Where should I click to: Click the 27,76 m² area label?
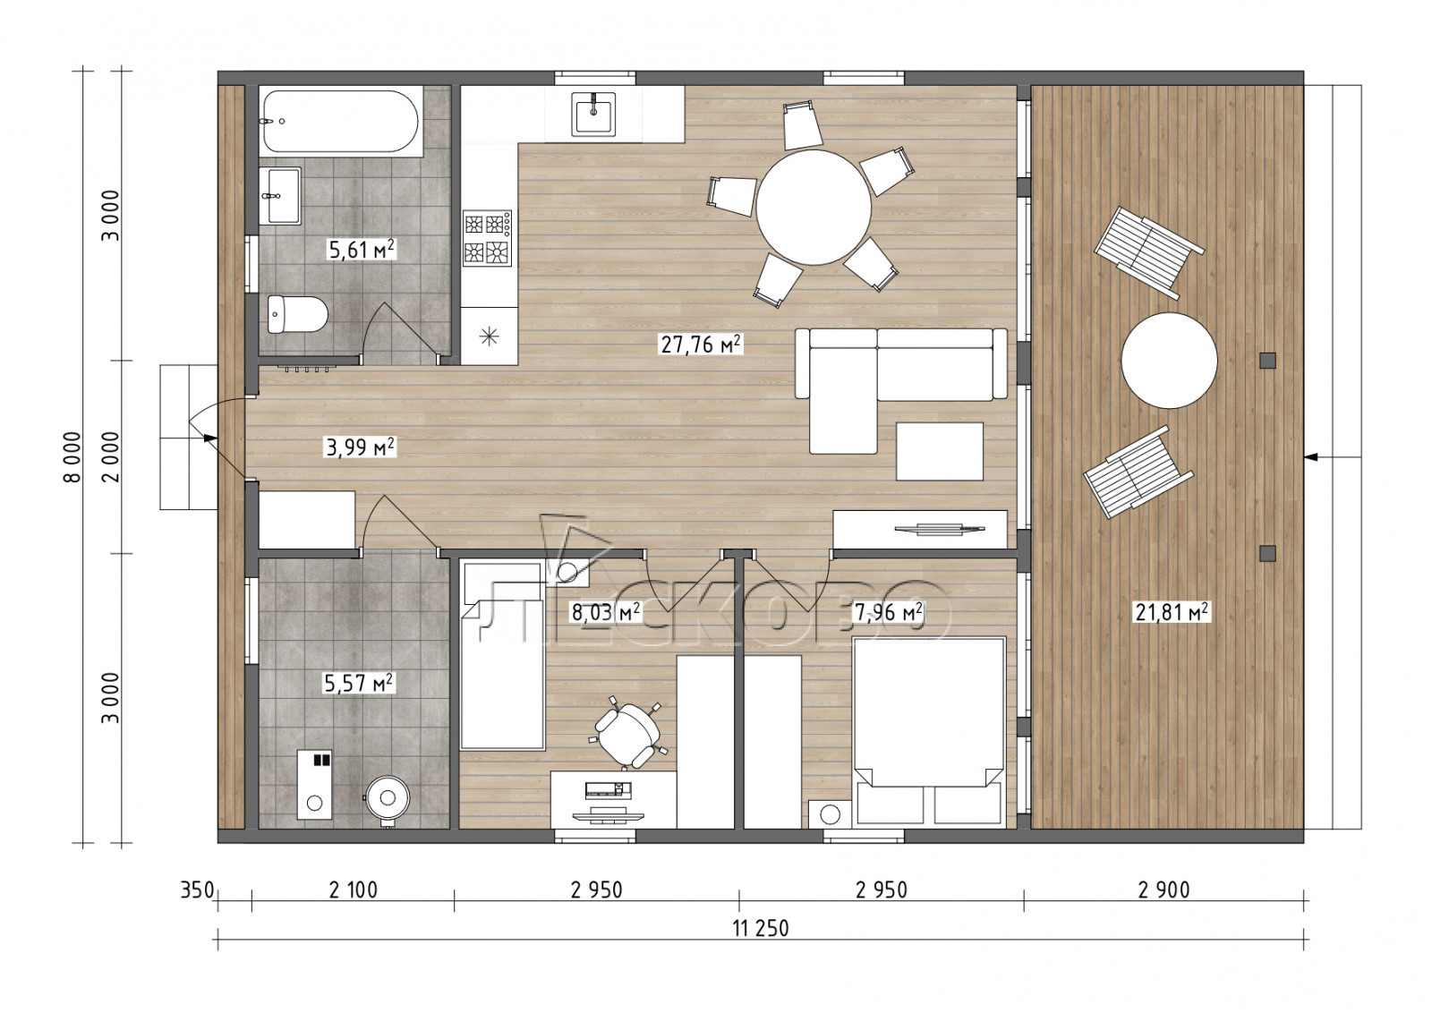[x=701, y=345]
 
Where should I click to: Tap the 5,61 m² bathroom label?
[x=361, y=250]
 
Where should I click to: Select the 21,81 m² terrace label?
[x=1172, y=613]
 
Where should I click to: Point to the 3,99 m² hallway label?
[x=361, y=447]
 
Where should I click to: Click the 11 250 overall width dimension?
[x=761, y=927]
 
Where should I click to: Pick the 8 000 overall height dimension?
[x=72, y=457]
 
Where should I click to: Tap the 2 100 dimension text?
[x=353, y=890]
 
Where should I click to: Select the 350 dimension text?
[x=196, y=890]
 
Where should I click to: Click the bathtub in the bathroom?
[x=341, y=121]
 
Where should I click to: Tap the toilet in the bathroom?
[x=297, y=314]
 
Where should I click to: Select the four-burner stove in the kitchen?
[x=488, y=238]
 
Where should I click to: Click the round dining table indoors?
[x=814, y=207]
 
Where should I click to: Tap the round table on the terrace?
[x=1169, y=361]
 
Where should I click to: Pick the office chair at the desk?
[x=627, y=733]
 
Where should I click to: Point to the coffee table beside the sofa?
[x=939, y=451]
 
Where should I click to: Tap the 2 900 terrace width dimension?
[x=1163, y=890]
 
